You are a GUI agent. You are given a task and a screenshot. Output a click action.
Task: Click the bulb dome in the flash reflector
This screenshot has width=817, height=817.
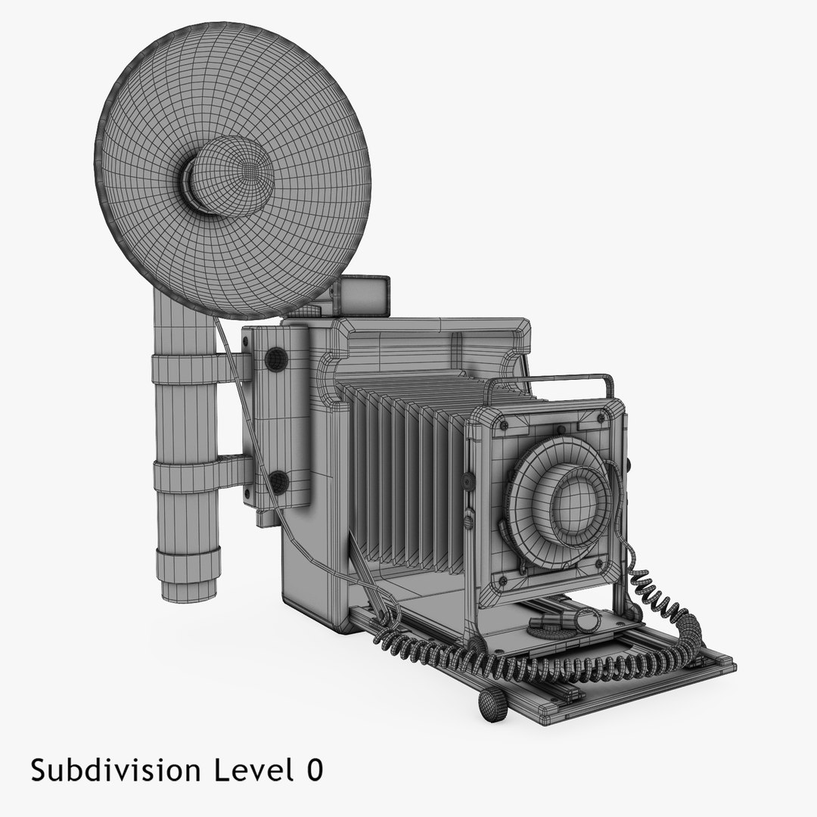pos(229,176)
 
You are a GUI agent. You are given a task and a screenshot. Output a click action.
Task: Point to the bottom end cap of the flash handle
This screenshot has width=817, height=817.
pos(188,573)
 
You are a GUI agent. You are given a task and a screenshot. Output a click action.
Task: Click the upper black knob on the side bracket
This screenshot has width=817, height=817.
pos(275,359)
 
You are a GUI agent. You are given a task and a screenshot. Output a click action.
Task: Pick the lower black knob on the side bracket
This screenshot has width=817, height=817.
pos(278,481)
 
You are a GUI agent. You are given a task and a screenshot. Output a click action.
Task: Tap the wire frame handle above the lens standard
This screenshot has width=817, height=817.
pos(548,382)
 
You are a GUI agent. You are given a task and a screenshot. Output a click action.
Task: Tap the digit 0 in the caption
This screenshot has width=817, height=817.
pos(314,770)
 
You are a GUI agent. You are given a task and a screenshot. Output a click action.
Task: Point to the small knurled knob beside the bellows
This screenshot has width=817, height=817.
pos(468,480)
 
